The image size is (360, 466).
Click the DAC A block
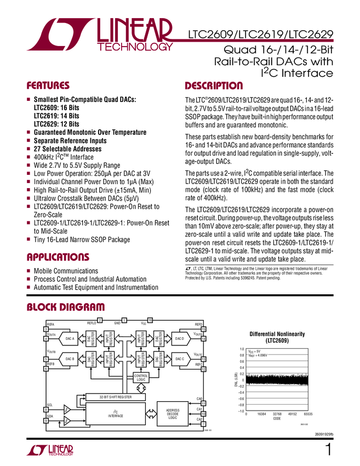(70, 339)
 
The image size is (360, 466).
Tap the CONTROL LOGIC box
(140, 377)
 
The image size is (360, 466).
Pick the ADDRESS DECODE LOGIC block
(173, 414)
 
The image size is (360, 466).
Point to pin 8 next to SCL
(46, 410)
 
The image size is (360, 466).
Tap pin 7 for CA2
(203, 424)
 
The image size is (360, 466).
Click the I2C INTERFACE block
(115, 414)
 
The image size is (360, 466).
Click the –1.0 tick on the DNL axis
(240, 411)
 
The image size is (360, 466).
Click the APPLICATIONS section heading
(58, 257)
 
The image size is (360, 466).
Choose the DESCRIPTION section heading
(213, 86)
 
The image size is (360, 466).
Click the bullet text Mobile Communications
(66, 271)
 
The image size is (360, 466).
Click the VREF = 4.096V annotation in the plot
(260, 355)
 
